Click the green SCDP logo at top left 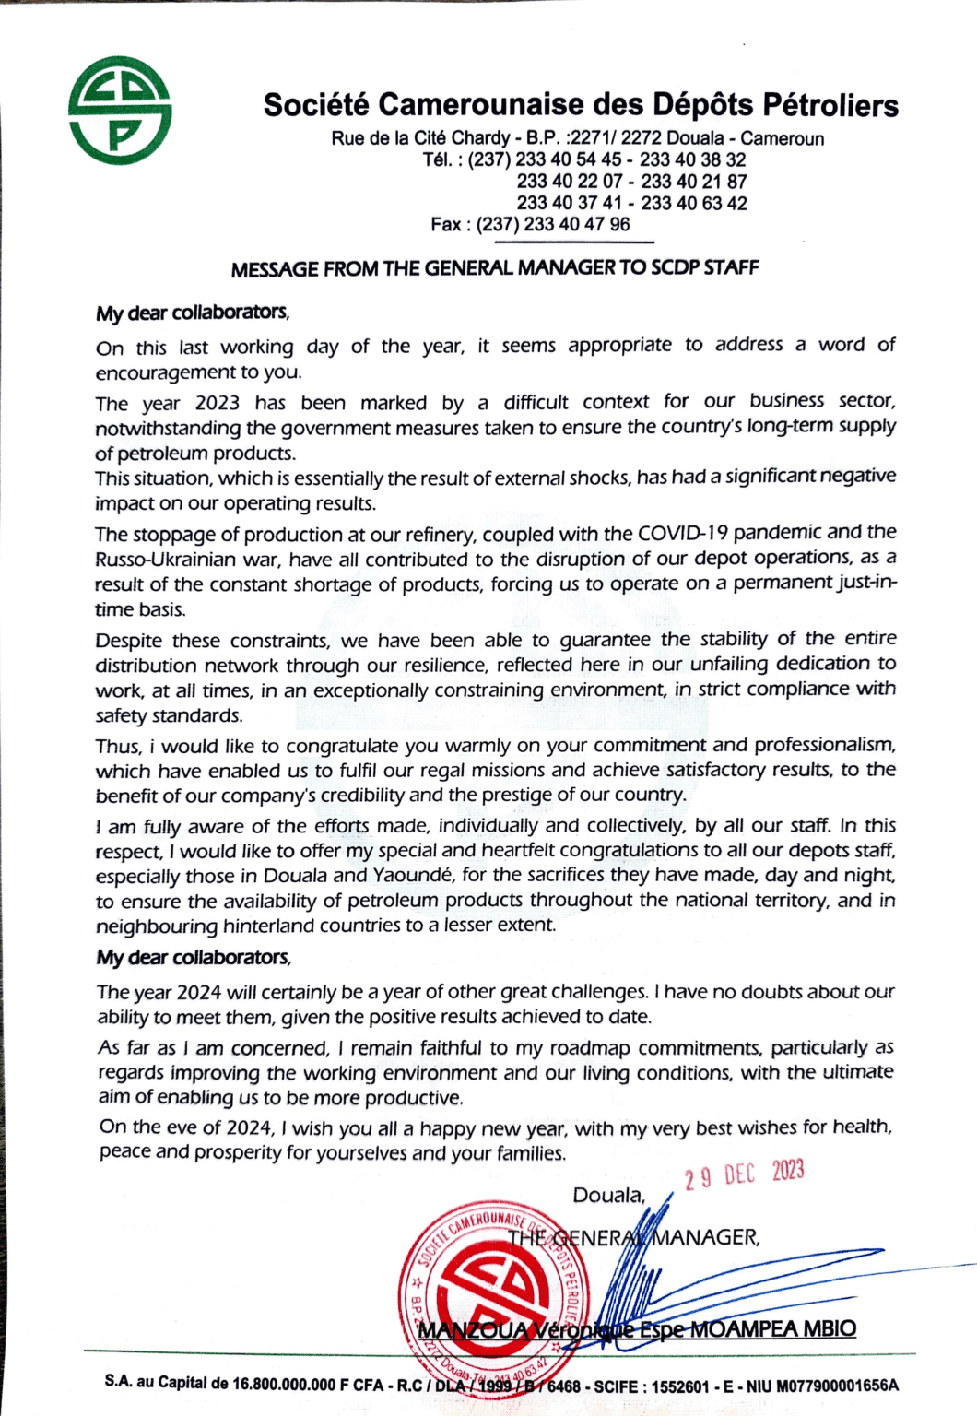[120, 111]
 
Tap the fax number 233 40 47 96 [577, 224]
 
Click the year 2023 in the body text [218, 403]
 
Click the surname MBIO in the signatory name [830, 1328]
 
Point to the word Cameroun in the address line [783, 138]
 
